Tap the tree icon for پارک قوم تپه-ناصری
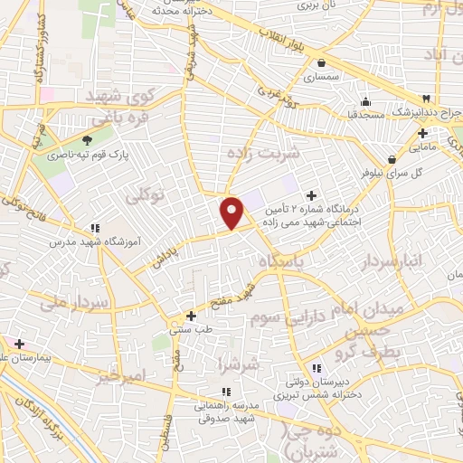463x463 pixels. point(87,140)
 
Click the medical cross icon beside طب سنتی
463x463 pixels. point(190,316)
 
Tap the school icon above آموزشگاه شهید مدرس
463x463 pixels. point(95,229)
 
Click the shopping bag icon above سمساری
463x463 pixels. point(322,62)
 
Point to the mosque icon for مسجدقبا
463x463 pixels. point(365,101)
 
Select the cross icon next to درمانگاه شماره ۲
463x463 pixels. point(312,194)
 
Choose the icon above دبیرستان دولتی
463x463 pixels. point(317,368)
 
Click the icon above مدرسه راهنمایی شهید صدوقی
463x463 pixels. point(226,392)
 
